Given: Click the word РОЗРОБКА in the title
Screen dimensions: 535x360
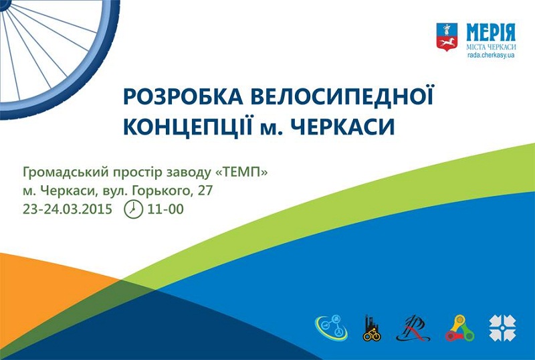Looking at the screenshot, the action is [183, 97].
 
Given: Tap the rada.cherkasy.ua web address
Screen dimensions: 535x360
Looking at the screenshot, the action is [491, 56].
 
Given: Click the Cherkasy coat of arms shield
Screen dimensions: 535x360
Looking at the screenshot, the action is [447, 37].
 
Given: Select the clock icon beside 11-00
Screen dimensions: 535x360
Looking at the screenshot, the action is [133, 209].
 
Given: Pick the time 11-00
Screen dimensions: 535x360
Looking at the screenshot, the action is [165, 209].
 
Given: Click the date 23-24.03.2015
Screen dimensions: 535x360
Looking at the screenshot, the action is [68, 209].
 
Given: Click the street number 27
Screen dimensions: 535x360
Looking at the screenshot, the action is [205, 191].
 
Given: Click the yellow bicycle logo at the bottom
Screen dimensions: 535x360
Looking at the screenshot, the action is [372, 328].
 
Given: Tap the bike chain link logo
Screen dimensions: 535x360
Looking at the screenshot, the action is [459, 329].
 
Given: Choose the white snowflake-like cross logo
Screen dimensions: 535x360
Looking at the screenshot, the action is [503, 329].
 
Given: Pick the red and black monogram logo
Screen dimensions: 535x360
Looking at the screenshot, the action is [413, 328].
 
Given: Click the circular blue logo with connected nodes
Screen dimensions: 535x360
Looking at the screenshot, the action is [331, 328].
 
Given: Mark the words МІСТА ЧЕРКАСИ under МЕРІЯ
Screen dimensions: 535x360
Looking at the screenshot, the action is [491, 47].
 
